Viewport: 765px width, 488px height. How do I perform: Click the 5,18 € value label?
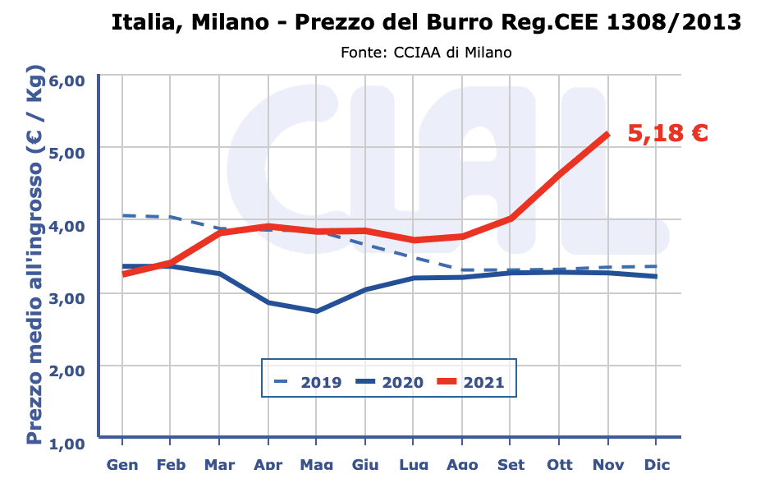coord(667,134)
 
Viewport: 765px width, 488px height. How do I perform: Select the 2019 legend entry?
coord(308,382)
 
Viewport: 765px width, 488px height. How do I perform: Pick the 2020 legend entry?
coord(389,382)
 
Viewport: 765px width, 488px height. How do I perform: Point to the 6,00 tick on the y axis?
coord(67,81)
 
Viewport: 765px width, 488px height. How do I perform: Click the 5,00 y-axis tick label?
coord(67,153)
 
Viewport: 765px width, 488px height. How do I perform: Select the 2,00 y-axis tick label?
coord(67,371)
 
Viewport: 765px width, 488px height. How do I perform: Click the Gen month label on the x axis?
coord(122,465)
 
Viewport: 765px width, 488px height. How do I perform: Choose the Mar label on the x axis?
coord(219,465)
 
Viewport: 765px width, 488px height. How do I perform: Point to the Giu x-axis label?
coord(365,465)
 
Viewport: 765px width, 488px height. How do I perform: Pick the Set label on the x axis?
coord(511,465)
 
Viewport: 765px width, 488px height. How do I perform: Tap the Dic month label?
coord(657,465)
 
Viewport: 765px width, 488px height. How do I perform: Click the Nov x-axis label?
coord(608,465)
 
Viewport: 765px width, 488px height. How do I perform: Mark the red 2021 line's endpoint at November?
coord(607,134)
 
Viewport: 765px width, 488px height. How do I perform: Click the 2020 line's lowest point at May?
coord(317,311)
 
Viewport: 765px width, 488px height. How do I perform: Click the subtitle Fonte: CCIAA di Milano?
coord(426,53)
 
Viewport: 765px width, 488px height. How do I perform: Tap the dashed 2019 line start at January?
coord(123,215)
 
